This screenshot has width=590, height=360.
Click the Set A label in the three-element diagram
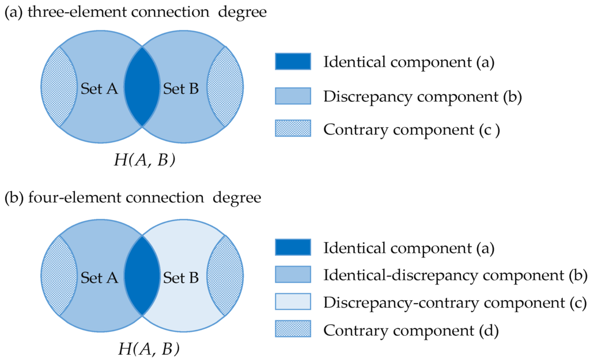[x=99, y=89]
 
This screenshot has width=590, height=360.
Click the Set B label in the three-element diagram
[x=181, y=89]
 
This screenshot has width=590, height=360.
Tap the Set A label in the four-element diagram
[x=99, y=278]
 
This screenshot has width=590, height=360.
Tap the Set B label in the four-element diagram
[x=181, y=278]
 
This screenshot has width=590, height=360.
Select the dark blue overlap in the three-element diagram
[x=141, y=86]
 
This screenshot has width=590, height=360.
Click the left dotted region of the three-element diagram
[x=58, y=86]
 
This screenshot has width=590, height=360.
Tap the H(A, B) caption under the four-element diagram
[x=144, y=348]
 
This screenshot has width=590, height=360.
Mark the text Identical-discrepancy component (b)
[x=455, y=275]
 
